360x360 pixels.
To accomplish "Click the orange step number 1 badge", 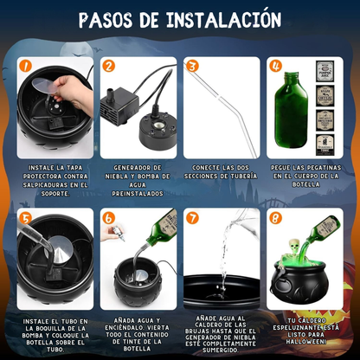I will click(27, 66).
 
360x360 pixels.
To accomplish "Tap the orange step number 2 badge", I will click(109, 66).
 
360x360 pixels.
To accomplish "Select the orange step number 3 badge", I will click(191, 66).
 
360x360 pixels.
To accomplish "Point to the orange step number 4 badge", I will click(274, 66).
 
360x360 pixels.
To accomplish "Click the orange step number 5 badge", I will click(27, 220).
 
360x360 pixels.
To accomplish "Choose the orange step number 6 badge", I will click(109, 220).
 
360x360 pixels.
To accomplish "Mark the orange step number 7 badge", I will click(191, 220).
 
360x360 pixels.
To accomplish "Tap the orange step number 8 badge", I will click(274, 220).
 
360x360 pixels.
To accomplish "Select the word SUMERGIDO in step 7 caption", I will click(220, 350).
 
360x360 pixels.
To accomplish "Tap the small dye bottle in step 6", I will click(116, 231).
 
